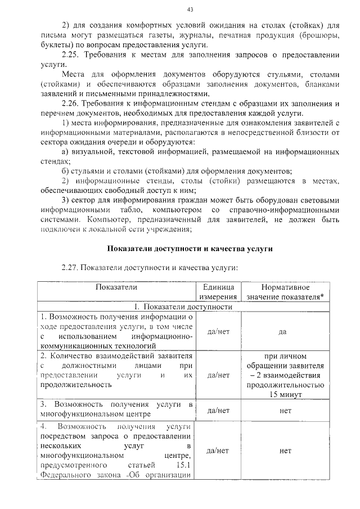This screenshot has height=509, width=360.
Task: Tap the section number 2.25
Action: click(70, 55)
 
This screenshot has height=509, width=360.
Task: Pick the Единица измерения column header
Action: click(218, 291)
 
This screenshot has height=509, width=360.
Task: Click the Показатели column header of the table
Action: click(116, 287)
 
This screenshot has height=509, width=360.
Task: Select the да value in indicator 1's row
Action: click(283, 331)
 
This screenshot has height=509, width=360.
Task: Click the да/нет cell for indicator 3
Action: click(218, 411)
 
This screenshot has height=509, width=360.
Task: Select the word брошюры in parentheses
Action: click(318, 35)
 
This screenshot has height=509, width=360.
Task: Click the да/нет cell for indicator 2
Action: click(218, 375)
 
